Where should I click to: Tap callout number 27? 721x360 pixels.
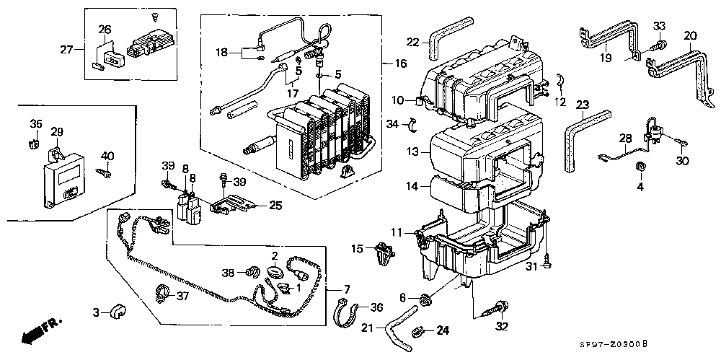click(x=66, y=49)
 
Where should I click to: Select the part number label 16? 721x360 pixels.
click(x=400, y=63)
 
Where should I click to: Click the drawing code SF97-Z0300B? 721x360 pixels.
click(x=613, y=344)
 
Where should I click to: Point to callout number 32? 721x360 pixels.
click(x=502, y=327)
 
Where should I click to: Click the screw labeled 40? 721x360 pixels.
click(x=103, y=173)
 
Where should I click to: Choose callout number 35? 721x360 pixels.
click(x=36, y=124)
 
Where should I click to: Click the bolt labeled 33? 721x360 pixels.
click(x=658, y=45)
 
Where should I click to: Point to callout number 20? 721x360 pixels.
click(x=690, y=35)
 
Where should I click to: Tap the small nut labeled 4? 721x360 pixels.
click(x=640, y=167)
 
